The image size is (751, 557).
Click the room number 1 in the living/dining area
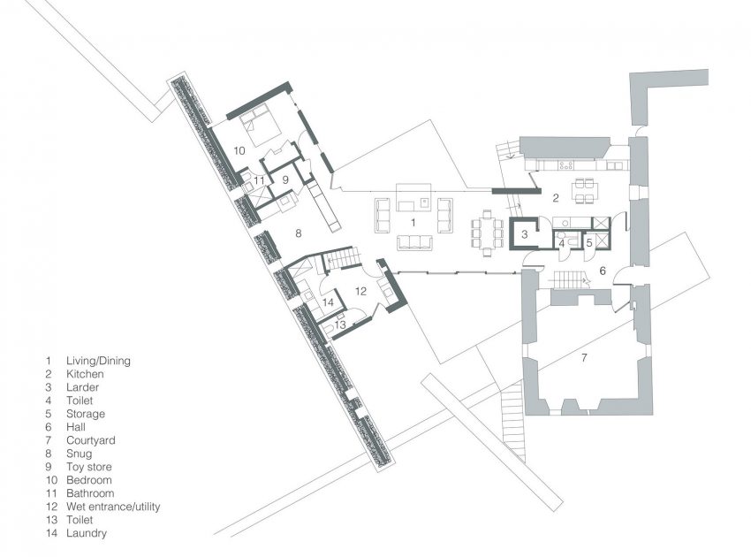pos(408,220)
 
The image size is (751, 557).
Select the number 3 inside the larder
pos(525,235)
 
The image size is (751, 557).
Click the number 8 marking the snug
pos(299,233)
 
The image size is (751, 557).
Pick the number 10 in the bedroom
pos(239,150)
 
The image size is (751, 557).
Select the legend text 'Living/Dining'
pos(98,361)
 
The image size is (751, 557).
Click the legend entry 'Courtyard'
pos(90,440)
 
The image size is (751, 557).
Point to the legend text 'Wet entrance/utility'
pos(113,507)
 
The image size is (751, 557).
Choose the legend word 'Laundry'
pos(86,533)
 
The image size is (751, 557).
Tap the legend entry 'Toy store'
pos(89,467)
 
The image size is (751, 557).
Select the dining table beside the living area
pos(486,229)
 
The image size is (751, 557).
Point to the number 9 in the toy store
pos(285,178)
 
